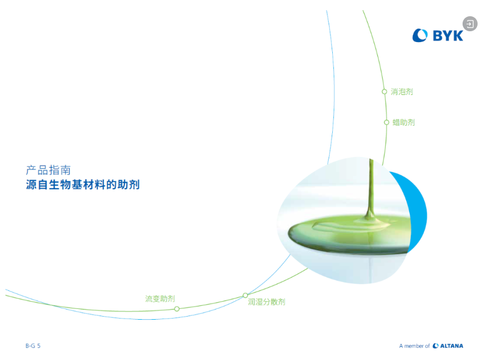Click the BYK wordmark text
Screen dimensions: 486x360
coord(448,35)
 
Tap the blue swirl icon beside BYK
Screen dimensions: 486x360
coord(420,35)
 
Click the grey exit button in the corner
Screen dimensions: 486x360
coord(470,24)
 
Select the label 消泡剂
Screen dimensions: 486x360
coord(402,91)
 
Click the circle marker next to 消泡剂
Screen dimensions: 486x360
coord(384,91)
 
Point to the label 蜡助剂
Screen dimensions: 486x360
coord(404,122)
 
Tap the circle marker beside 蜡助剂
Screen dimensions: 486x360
coord(386,123)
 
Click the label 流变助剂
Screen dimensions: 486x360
coord(160,299)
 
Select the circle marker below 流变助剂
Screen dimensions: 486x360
coord(177,309)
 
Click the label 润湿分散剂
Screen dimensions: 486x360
coord(266,302)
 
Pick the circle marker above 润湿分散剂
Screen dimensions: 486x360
coord(245,295)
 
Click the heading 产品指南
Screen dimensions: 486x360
coord(48,170)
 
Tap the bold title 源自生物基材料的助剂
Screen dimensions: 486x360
coord(83,185)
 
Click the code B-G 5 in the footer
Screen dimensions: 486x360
coord(33,346)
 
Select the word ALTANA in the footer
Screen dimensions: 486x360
coord(452,346)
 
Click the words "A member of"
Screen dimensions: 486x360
coord(415,346)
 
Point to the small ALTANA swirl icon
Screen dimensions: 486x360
coord(436,346)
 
